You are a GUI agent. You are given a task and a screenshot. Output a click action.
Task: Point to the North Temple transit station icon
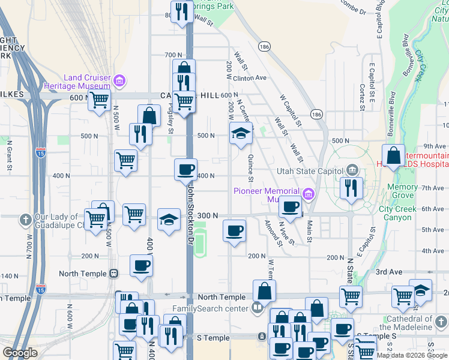pyautogui.click(x=113, y=274)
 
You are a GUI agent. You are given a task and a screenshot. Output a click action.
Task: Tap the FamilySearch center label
pyautogui.click(x=210, y=309)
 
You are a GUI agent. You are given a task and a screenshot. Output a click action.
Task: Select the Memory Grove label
pyautogui.click(x=402, y=191)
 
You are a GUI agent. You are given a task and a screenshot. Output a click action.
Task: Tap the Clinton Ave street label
pyautogui.click(x=249, y=78)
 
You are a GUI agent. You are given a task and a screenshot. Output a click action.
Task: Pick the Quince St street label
pyautogui.click(x=250, y=168)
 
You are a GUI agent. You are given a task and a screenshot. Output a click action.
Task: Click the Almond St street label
pyautogui.click(x=273, y=233)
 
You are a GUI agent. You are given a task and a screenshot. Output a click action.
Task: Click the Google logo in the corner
pyautogui.click(x=20, y=353)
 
